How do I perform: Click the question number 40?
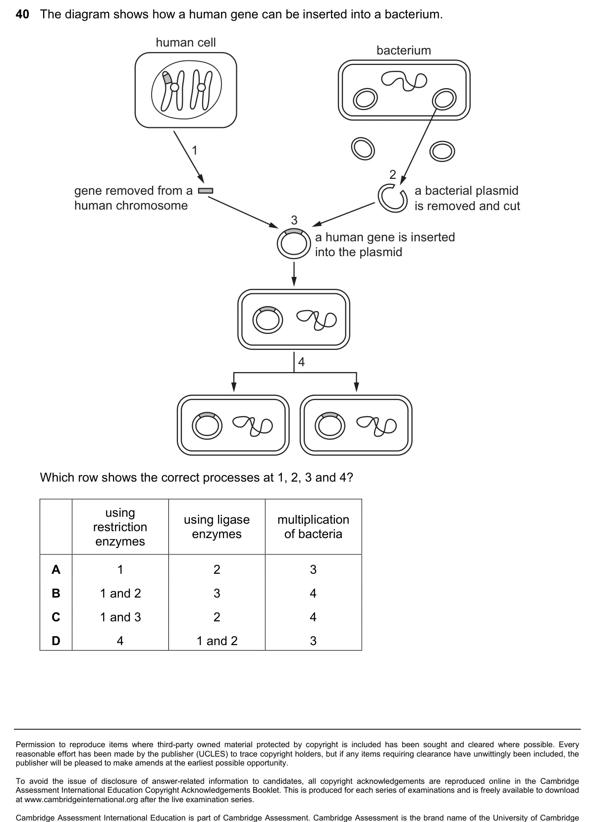click(x=22, y=14)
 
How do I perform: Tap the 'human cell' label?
click(x=186, y=43)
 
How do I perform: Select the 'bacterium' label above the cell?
click(x=404, y=50)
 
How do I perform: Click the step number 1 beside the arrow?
click(x=195, y=150)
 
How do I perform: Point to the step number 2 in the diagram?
click(x=393, y=174)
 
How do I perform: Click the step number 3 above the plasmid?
click(x=294, y=220)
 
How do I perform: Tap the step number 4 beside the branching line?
click(x=301, y=362)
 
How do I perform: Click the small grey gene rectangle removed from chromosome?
click(x=206, y=191)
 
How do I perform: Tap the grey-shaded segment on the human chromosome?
click(x=167, y=78)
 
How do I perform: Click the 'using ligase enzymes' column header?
click(x=217, y=527)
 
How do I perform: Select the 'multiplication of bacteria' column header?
click(x=313, y=527)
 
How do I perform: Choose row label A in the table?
click(x=56, y=569)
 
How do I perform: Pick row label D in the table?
click(x=56, y=641)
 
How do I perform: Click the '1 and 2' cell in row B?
click(x=120, y=594)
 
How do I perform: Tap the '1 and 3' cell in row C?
click(x=120, y=617)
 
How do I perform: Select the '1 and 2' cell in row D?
click(x=217, y=641)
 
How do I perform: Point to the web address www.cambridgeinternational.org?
click(x=83, y=799)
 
